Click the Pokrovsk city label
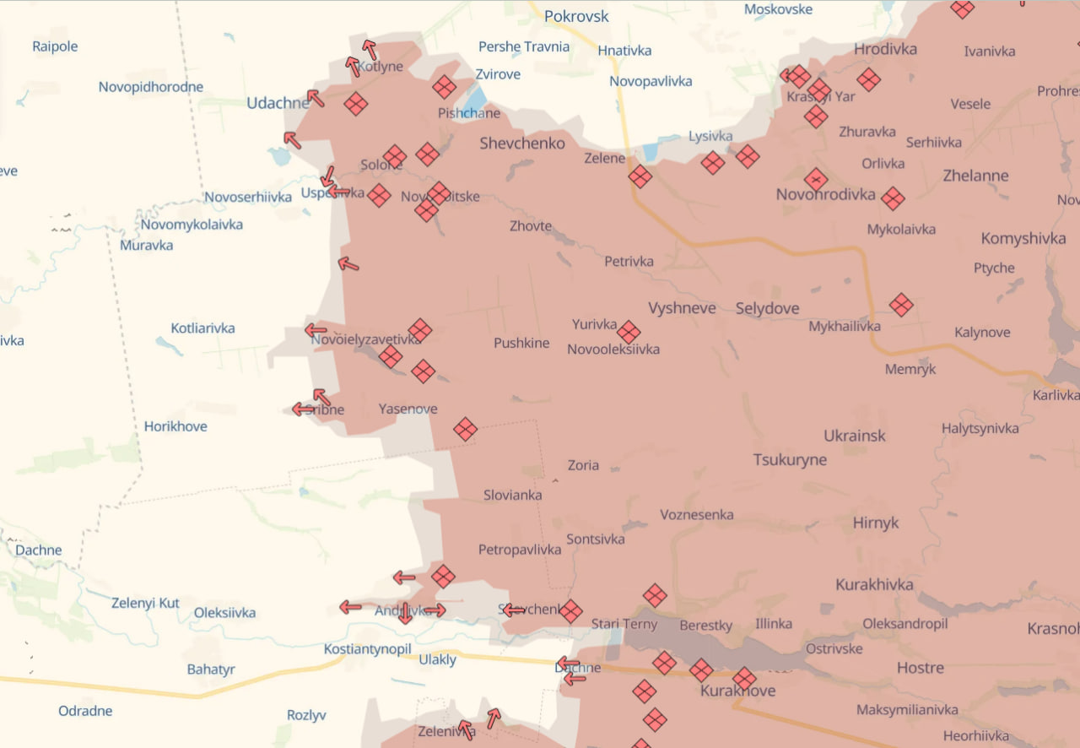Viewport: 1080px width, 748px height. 575,16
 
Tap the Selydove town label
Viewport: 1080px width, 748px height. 767,308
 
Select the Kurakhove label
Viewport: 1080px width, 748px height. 737,691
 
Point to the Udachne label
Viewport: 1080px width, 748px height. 277,103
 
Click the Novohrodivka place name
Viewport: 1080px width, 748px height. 825,195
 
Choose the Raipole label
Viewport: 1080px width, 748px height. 55,46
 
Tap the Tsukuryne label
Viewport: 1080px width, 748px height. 790,460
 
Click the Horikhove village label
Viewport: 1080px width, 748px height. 175,426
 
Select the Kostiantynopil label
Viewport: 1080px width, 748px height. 367,649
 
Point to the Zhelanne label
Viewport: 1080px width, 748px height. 975,176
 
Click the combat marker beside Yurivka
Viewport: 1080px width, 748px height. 629,332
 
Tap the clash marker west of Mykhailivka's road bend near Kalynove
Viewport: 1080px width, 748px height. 901,305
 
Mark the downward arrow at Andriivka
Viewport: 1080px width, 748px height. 405,614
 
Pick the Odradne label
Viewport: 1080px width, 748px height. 85,711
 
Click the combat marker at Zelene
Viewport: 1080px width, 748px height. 640,176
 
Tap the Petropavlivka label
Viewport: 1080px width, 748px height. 519,550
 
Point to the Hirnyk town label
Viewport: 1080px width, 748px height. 875,523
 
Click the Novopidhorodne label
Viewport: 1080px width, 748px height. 150,87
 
